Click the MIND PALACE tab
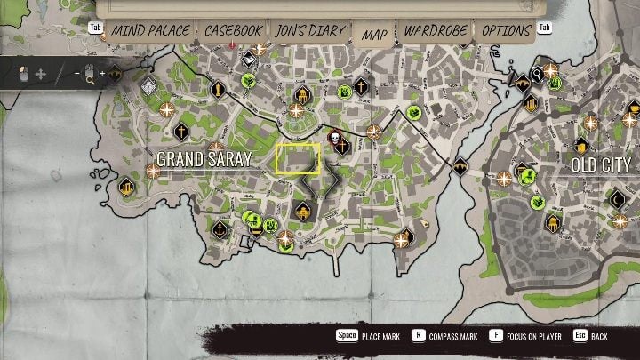(150, 30)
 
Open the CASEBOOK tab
(233, 30)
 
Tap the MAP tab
(374, 32)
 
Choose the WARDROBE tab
(436, 30)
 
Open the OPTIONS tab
(507, 30)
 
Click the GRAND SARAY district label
(204, 159)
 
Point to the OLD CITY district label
(601, 165)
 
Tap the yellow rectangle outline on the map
(298, 158)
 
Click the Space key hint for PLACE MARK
(347, 336)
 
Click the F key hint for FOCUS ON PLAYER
(495, 336)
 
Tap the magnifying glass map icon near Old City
(537, 74)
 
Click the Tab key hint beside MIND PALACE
(97, 27)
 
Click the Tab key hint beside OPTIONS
(545, 27)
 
